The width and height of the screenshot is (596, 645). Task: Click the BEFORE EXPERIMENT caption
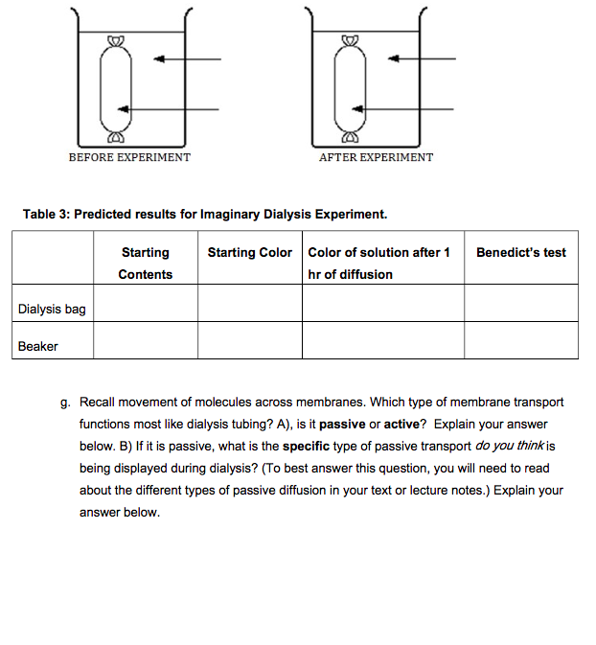coord(129,157)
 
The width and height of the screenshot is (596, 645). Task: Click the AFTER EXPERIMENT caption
coord(376,157)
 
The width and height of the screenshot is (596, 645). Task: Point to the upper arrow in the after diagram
coord(422,59)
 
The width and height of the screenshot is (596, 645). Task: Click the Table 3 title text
coord(205,214)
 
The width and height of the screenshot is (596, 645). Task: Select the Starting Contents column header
coord(146,264)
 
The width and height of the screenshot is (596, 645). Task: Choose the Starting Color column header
coord(250,253)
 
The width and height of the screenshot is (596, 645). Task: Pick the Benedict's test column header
coord(521,253)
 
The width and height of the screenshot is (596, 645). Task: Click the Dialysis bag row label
coord(52,309)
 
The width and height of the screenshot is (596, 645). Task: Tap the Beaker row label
coord(38,346)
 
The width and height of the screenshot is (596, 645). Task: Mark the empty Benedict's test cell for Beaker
coord(521,340)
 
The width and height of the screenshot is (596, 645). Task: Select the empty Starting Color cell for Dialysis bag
coord(250,303)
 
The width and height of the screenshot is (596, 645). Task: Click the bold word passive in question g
coord(342,424)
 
